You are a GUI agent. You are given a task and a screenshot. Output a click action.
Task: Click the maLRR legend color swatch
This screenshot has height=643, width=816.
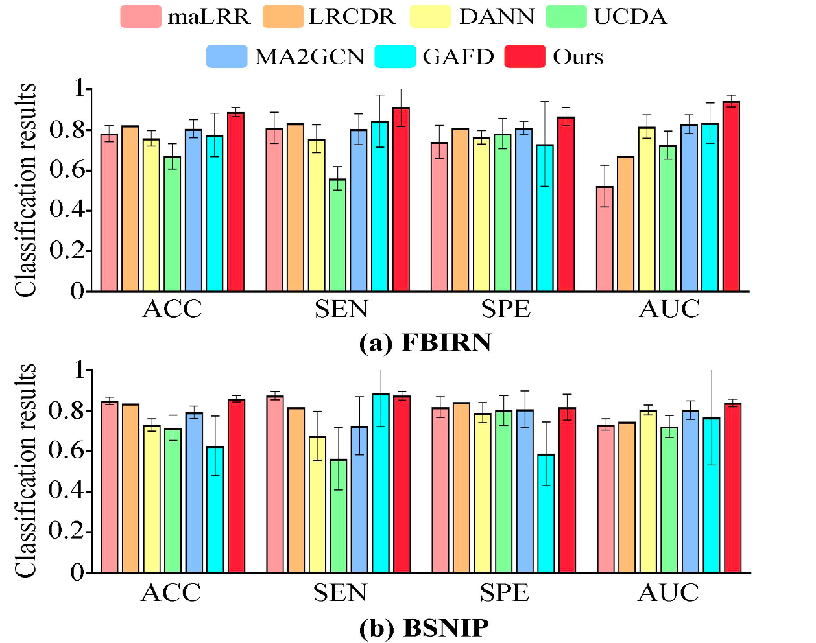coord(140,16)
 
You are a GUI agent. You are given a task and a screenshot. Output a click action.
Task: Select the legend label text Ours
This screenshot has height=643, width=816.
coord(578,57)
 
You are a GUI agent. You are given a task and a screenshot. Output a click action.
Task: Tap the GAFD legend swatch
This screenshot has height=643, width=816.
coord(395,57)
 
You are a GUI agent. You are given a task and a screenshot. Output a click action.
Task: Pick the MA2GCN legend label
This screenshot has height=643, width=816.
coord(309,57)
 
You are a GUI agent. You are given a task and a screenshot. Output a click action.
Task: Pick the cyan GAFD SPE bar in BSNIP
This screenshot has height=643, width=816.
coord(546,513)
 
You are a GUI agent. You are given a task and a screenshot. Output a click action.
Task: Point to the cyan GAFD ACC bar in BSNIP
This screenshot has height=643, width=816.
coord(215,509)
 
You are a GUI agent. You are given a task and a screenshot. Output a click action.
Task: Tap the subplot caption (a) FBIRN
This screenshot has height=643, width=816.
coord(425,342)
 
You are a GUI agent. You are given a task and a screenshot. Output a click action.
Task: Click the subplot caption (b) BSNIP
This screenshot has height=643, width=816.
coord(424,627)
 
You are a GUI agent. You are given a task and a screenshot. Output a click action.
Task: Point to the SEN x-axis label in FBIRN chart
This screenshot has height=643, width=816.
coord(341,309)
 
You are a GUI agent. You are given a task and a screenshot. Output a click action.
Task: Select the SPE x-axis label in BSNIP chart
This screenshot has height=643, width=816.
coord(504,592)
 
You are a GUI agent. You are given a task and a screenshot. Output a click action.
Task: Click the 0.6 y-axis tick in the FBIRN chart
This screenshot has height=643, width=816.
coord(67,170)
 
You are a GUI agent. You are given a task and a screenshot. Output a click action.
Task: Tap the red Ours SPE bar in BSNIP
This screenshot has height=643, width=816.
coord(567,489)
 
